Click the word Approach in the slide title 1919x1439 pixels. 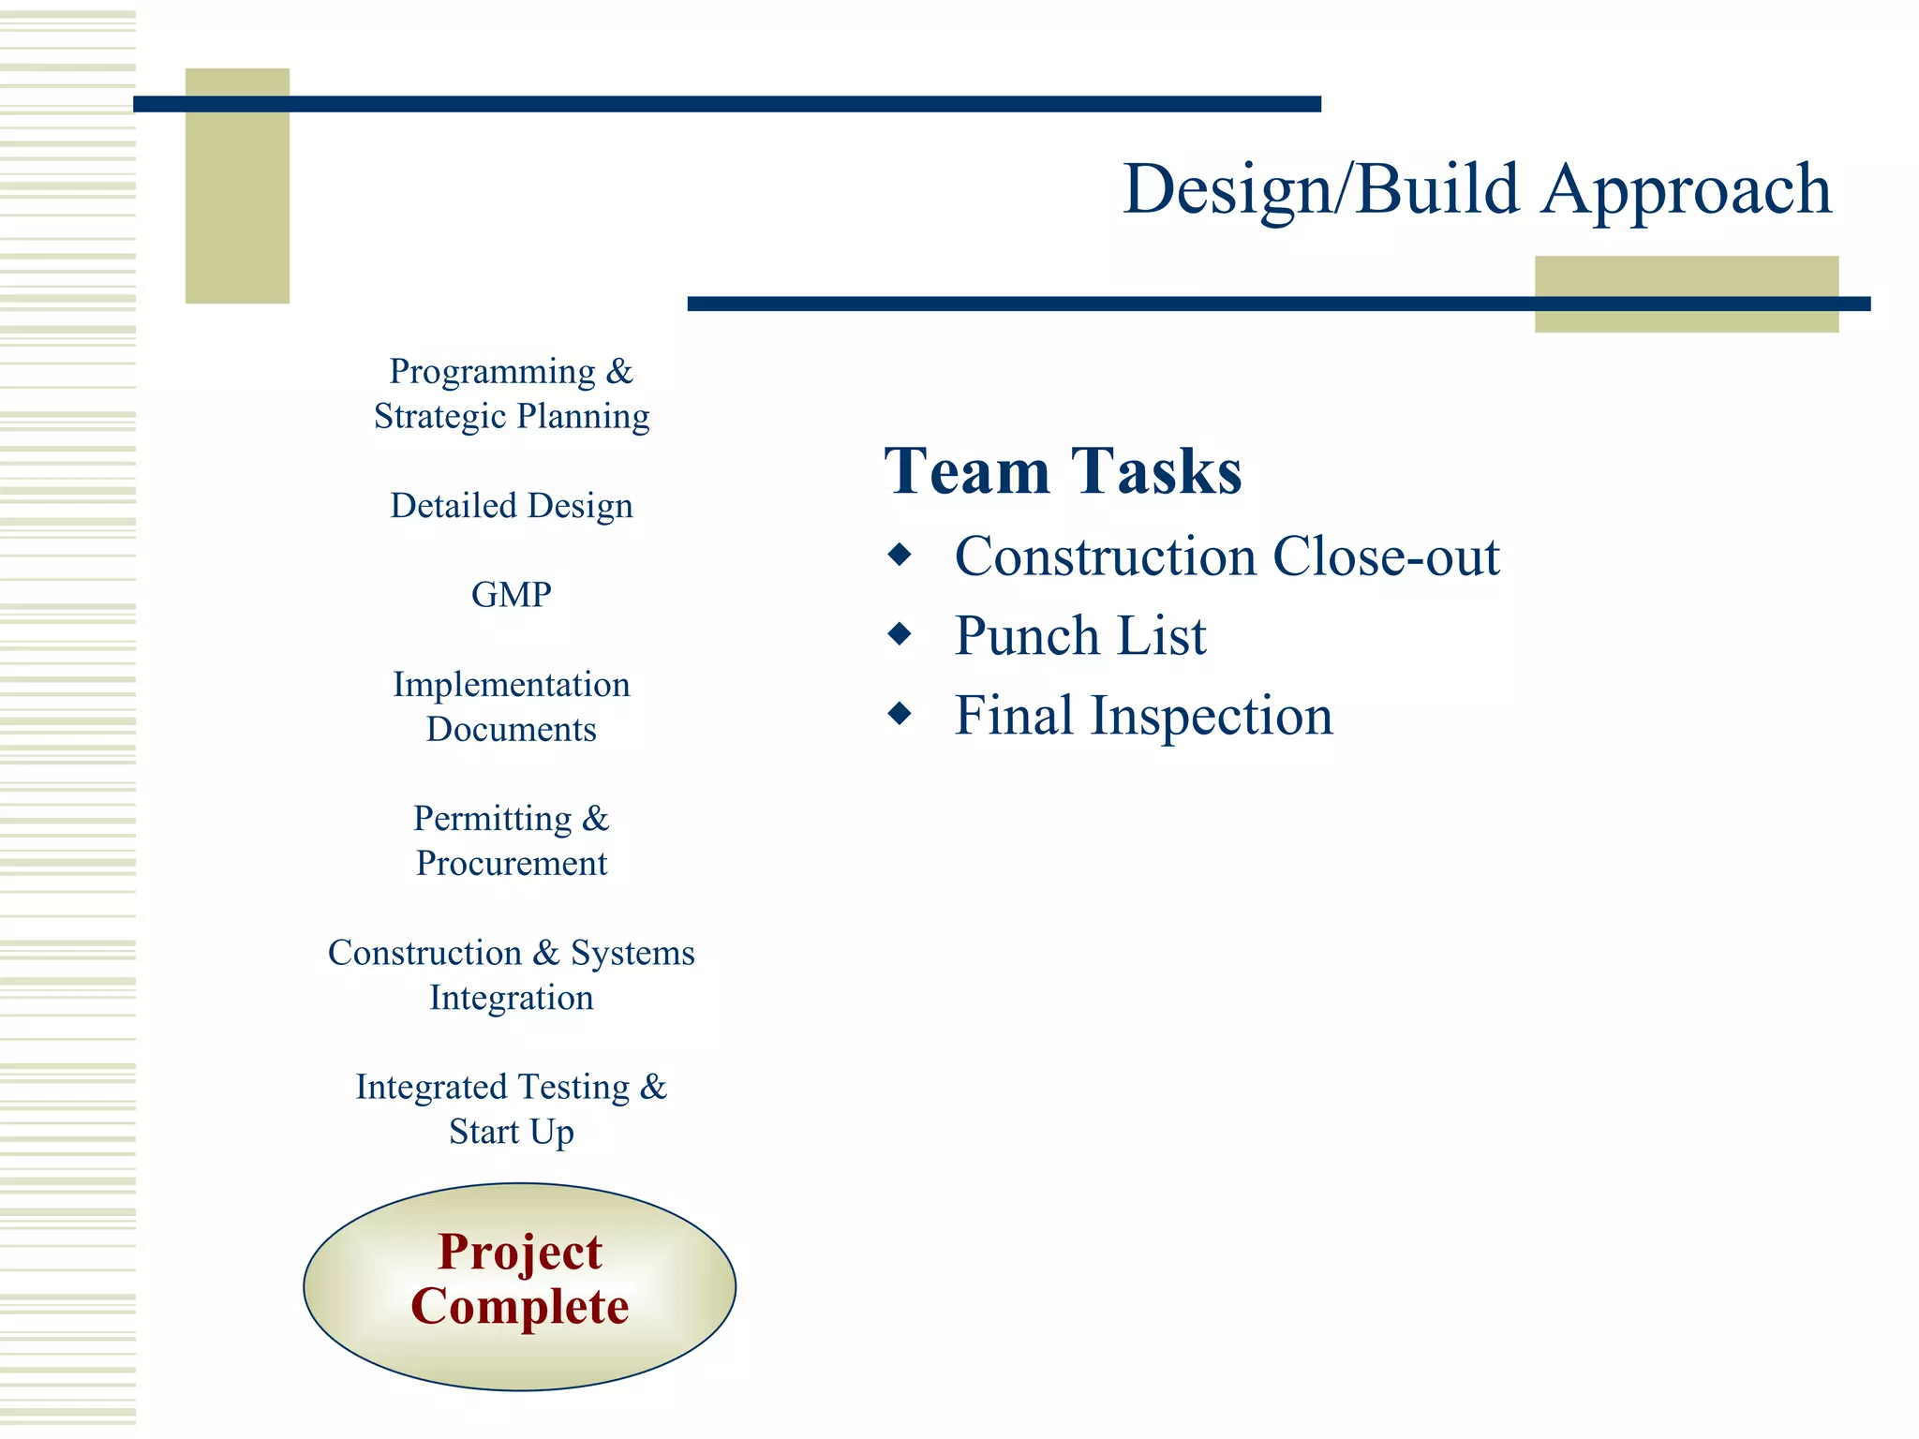coord(1686,190)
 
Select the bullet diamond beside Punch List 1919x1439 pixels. coord(900,634)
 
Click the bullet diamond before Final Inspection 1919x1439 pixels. coord(900,714)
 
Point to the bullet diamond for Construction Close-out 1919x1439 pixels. coord(900,555)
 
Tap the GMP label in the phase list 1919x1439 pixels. coord(511,595)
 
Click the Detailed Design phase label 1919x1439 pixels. coord(511,506)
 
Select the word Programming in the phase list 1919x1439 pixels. coord(492,372)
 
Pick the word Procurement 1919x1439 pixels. coord(511,863)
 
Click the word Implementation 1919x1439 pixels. coord(511,685)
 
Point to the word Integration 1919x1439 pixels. coord(511,998)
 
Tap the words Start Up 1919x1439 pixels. coord(511,1132)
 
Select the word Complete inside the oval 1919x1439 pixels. coord(520,1307)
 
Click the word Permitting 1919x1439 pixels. coord(492,819)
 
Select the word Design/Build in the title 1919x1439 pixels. coord(1321,190)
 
